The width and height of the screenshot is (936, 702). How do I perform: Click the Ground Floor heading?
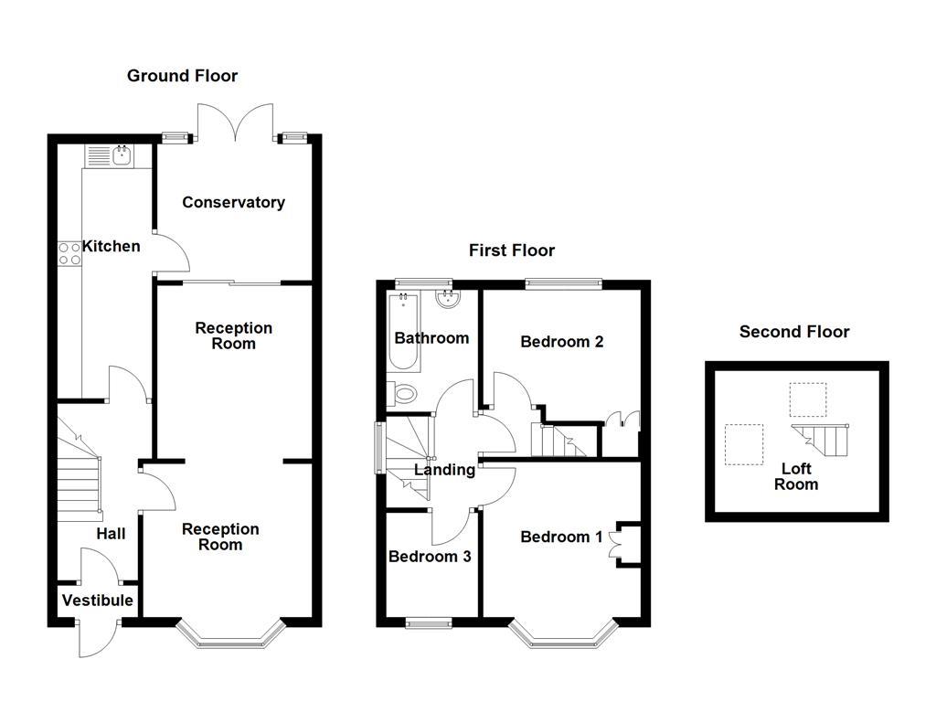pyautogui.click(x=182, y=76)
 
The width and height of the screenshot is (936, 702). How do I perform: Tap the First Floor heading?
pyautogui.click(x=512, y=250)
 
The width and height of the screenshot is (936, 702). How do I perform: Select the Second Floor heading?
pyautogui.click(x=794, y=332)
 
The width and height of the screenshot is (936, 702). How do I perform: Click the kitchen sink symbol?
pyautogui.click(x=121, y=156)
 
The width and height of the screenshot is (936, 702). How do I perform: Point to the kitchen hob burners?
pyautogui.click(x=69, y=253)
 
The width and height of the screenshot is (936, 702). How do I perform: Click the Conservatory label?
pyautogui.click(x=233, y=202)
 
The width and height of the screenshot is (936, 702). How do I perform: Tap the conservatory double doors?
pyautogui.click(x=236, y=123)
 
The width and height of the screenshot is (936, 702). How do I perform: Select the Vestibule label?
pyautogui.click(x=97, y=601)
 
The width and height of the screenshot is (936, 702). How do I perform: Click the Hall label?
pyautogui.click(x=112, y=534)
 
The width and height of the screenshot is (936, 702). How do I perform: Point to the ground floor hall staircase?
pyautogui.click(x=80, y=467)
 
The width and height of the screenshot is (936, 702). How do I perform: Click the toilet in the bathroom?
pyautogui.click(x=404, y=394)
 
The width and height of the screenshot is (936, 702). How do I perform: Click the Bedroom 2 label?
pyautogui.click(x=561, y=342)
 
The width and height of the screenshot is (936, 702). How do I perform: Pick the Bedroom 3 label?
pyautogui.click(x=430, y=556)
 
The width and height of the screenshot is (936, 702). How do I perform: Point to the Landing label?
pyautogui.click(x=445, y=470)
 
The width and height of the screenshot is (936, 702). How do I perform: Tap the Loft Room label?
pyautogui.click(x=795, y=476)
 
